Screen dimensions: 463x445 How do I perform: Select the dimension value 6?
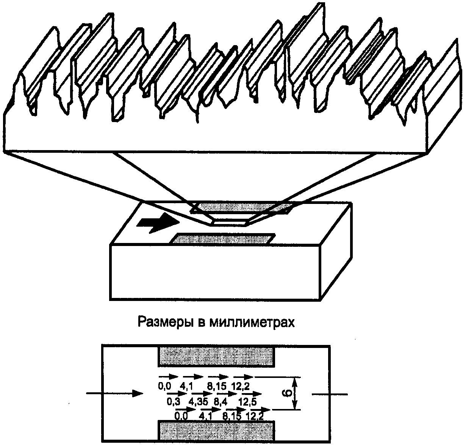tap(288, 394)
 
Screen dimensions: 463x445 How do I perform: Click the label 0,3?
tap(173, 401)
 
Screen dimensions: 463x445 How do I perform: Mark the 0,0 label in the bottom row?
tap(181, 416)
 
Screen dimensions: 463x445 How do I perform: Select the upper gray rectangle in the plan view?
tap(217, 356)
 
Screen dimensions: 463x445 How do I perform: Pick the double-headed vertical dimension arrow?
tap(296, 393)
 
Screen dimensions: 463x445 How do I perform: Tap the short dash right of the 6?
tap(330, 394)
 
